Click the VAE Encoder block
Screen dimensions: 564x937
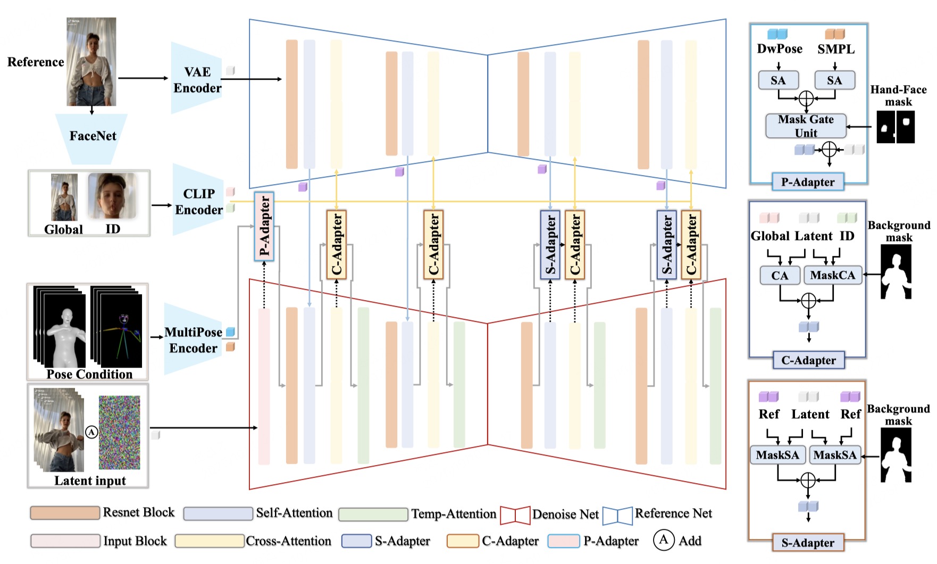[x=197, y=80]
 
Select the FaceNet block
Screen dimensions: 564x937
[x=93, y=136]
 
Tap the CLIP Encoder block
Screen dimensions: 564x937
[x=198, y=202]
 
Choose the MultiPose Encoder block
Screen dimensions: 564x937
[x=193, y=340]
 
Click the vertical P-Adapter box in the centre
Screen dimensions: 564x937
[x=264, y=227]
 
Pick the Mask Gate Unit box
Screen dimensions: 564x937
[x=806, y=126]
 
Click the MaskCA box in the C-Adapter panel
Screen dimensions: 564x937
[x=832, y=275]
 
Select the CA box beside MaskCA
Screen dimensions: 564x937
[x=780, y=276]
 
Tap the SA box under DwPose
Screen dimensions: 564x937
[x=778, y=80]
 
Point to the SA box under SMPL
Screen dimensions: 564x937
[x=834, y=80]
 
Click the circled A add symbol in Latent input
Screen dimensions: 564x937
[x=92, y=432]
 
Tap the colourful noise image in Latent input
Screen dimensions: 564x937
[x=119, y=432]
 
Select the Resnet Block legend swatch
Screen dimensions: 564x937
[x=65, y=513]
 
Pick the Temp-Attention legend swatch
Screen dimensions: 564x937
[x=373, y=514]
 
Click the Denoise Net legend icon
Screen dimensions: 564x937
[x=515, y=515]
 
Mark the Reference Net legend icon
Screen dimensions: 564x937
[x=617, y=515]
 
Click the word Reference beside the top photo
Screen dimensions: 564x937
[x=36, y=62]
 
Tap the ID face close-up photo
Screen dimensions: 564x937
[x=112, y=196]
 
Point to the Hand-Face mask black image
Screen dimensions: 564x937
[x=896, y=127]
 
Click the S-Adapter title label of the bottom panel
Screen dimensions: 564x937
[x=808, y=543]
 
